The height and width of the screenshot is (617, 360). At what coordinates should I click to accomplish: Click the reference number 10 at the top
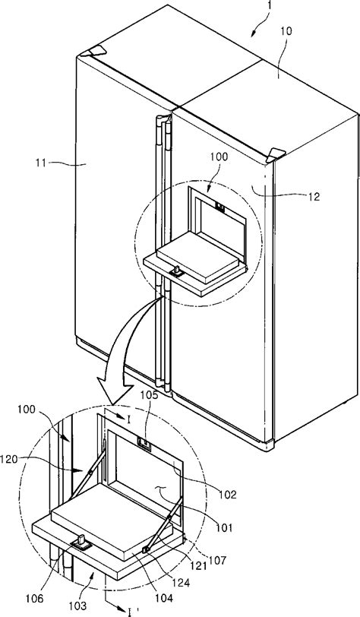pyautogui.click(x=287, y=30)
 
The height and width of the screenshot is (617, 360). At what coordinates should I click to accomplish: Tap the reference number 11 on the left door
pyautogui.click(x=41, y=163)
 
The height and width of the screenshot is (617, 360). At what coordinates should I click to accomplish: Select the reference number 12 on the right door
pyautogui.click(x=314, y=195)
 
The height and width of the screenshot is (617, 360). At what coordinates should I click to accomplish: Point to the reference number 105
pyautogui.click(x=151, y=394)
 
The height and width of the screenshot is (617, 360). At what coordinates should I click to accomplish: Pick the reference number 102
pyautogui.click(x=228, y=494)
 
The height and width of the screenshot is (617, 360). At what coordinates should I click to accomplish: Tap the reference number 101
pyautogui.click(x=224, y=527)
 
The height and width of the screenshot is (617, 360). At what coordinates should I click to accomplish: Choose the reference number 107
pyautogui.click(x=219, y=559)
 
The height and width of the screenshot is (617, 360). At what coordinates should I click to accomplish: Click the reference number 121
pyautogui.click(x=199, y=566)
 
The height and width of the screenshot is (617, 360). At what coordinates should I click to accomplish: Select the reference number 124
pyautogui.click(x=182, y=582)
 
